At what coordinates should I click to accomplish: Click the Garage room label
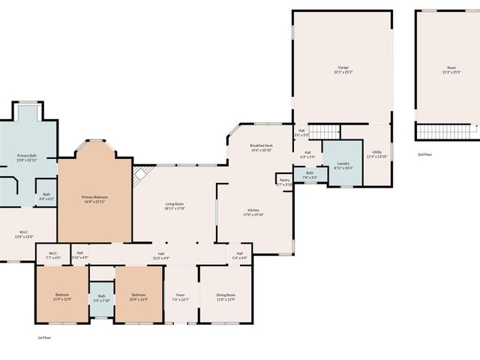tap(343, 70)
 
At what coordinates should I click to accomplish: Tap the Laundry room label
tap(343, 164)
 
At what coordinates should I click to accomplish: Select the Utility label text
tap(376, 154)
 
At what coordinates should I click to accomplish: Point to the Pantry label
tap(284, 181)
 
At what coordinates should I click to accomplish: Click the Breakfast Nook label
tap(261, 148)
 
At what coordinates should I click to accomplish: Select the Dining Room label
tap(226, 296)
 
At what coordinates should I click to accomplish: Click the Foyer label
tap(180, 296)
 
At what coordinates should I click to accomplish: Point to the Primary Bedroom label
tap(95, 199)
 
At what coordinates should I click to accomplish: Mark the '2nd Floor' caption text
tap(424, 154)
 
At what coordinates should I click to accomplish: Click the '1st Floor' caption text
tap(44, 338)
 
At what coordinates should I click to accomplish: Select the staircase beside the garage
tap(325, 131)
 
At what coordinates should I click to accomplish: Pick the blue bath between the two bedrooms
tap(102, 298)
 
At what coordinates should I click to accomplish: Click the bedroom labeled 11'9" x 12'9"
tap(62, 296)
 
